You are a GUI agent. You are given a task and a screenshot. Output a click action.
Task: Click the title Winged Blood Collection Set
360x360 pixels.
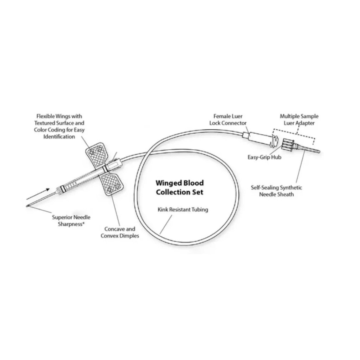(x=180, y=187)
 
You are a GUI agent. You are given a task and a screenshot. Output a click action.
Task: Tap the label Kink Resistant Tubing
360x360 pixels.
(x=183, y=209)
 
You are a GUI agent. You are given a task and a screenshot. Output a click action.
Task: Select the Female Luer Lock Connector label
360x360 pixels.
(x=228, y=120)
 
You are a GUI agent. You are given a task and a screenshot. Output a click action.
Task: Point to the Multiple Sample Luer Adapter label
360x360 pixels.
(x=299, y=120)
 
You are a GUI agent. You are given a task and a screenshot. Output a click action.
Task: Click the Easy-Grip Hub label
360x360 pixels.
(x=264, y=157)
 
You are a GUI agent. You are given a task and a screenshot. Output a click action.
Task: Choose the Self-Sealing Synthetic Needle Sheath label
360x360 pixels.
(x=277, y=191)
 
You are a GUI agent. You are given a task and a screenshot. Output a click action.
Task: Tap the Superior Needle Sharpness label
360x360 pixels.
(x=71, y=221)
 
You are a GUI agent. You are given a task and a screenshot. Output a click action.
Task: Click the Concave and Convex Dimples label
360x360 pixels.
(x=120, y=232)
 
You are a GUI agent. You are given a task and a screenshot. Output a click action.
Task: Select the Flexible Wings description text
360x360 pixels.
(x=59, y=126)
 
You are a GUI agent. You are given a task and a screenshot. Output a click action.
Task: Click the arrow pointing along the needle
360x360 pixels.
(x=38, y=194)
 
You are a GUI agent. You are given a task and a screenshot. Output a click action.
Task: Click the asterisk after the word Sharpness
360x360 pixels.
(x=83, y=223)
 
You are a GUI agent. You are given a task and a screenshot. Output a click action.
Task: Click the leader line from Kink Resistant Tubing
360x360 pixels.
(x=166, y=224)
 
